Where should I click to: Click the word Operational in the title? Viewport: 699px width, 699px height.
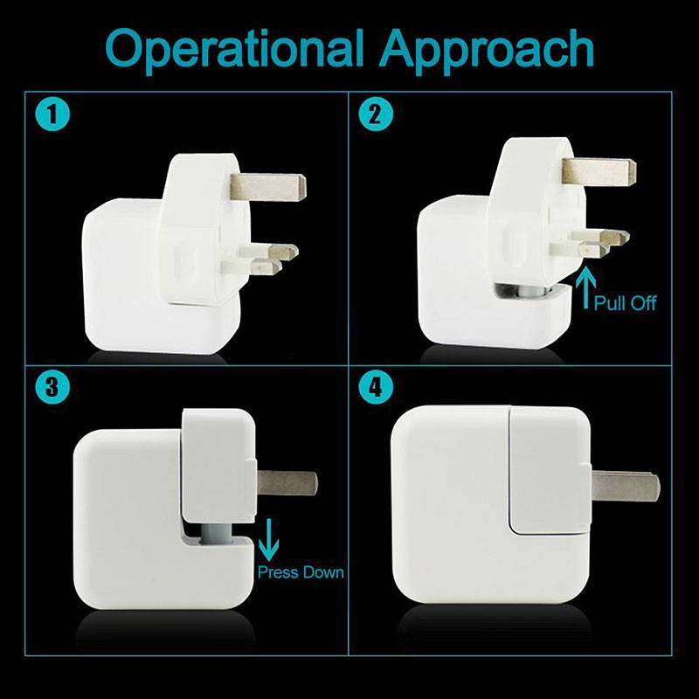click(234, 50)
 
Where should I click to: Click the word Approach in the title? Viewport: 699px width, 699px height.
click(487, 50)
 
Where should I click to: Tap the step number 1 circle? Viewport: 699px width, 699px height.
click(52, 114)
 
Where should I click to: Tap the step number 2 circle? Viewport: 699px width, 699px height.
click(376, 114)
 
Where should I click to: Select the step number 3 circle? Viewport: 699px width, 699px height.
click(52, 387)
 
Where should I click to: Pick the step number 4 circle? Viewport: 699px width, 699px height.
click(376, 387)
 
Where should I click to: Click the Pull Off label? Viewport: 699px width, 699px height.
click(625, 303)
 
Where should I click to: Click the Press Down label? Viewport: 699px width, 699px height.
click(301, 572)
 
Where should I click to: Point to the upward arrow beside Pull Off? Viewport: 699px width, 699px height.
click(585, 288)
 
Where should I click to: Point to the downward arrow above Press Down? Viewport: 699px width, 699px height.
click(268, 539)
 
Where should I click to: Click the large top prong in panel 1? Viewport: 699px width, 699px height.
click(268, 187)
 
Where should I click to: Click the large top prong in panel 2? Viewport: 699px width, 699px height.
click(599, 171)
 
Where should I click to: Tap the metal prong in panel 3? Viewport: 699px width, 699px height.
click(287, 483)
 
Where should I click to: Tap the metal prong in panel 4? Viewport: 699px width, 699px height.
click(626, 486)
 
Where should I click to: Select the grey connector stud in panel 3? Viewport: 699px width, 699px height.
click(216, 533)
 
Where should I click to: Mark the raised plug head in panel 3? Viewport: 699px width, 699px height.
click(218, 466)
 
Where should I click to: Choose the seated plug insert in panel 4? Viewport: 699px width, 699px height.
click(550, 470)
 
